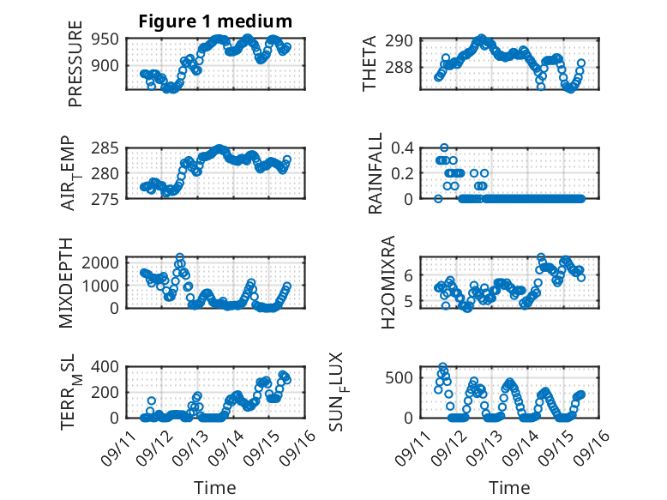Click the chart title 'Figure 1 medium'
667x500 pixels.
215,21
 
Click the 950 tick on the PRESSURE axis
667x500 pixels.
107,39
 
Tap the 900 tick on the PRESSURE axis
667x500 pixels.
107,66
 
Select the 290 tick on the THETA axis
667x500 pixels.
405,40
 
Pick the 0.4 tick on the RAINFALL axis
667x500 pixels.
403,148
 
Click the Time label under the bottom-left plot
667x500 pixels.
214,487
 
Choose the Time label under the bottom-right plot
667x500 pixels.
509,487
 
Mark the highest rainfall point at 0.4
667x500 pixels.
444,148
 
